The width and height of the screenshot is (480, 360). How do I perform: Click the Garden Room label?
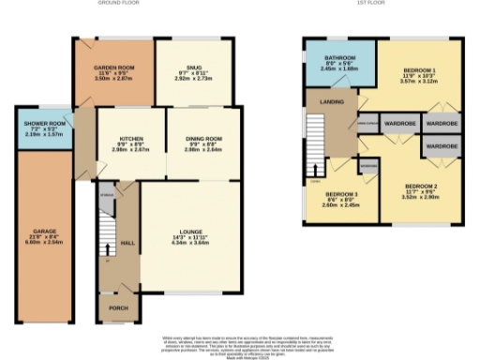(x=115, y=68)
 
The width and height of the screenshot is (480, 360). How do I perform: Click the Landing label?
(x=330, y=103)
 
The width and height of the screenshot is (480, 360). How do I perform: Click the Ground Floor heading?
(x=120, y=4)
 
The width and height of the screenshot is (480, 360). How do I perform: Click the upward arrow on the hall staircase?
(x=111, y=247)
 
